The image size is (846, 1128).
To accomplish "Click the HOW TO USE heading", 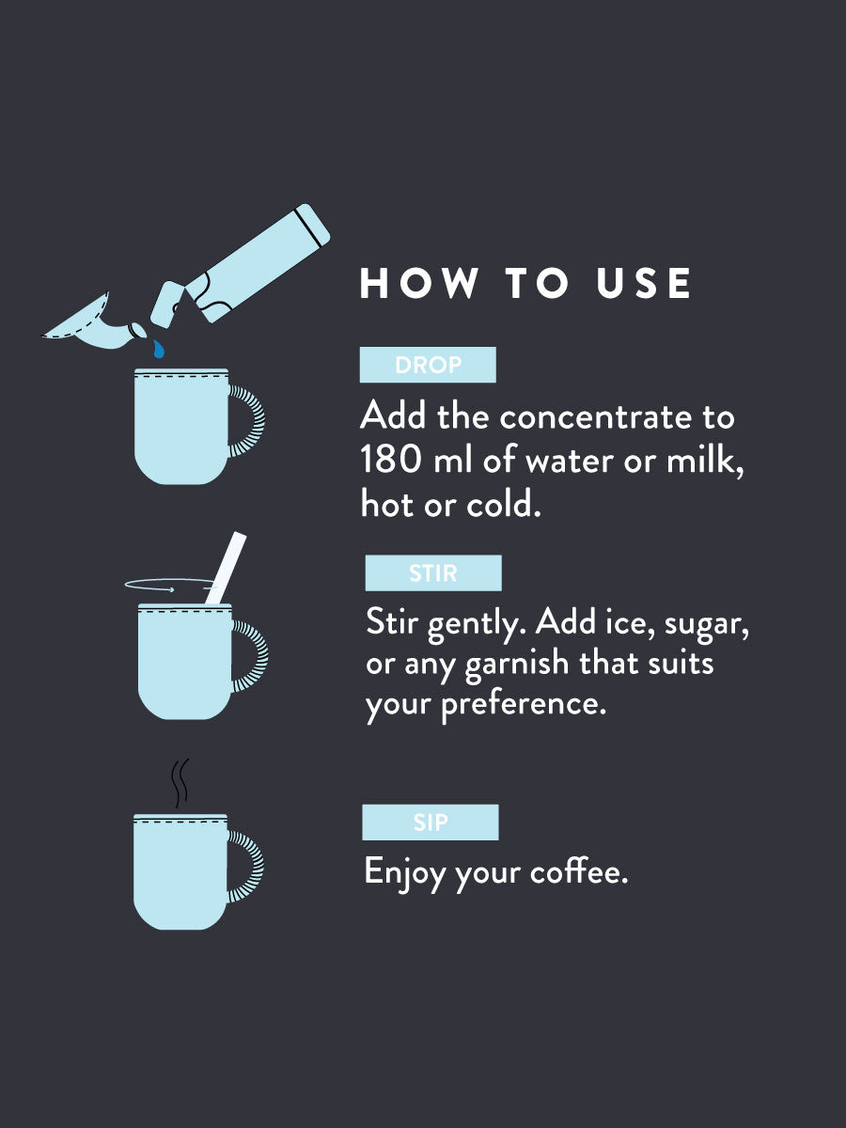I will tap(525, 284).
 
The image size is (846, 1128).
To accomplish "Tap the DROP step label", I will tap(428, 365).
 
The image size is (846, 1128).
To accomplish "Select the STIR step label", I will tap(433, 573).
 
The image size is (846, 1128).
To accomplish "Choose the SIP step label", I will tap(431, 823).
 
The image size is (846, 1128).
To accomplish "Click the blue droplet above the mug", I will tap(160, 350).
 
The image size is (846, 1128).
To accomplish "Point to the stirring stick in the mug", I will tap(226, 569).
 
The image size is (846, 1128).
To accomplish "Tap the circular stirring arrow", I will tap(164, 587).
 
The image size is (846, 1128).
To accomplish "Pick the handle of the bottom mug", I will tap(247, 867).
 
